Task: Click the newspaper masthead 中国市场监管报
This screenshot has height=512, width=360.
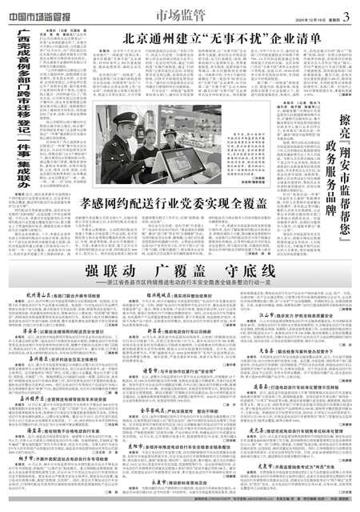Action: click(x=41, y=9)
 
